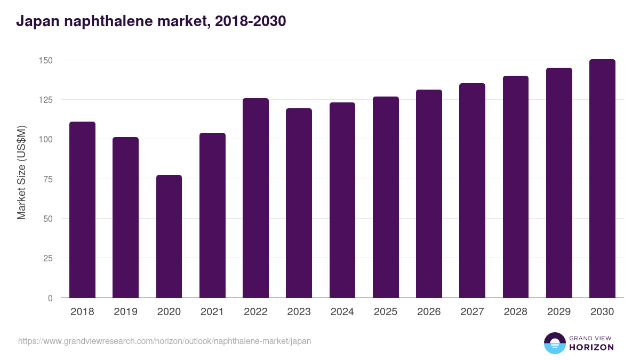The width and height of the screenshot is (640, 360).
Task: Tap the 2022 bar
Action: point(255,198)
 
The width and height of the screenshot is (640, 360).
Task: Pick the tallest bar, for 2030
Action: point(602,178)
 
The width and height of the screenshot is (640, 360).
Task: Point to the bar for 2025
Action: point(386,197)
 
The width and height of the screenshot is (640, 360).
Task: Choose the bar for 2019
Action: point(125,218)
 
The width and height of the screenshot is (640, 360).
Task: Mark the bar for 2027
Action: point(472,190)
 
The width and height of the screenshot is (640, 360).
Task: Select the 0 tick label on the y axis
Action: point(50,298)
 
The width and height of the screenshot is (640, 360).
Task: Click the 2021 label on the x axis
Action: point(212,312)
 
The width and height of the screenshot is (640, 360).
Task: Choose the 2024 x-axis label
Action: point(342,312)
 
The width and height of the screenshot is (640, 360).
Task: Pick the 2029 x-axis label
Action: point(559,312)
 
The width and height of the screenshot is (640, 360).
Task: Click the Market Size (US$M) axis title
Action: point(21,172)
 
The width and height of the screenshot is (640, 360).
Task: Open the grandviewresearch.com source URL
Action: point(164,341)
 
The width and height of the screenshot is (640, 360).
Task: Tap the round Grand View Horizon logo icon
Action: point(554,343)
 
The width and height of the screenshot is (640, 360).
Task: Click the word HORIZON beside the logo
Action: point(591,347)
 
